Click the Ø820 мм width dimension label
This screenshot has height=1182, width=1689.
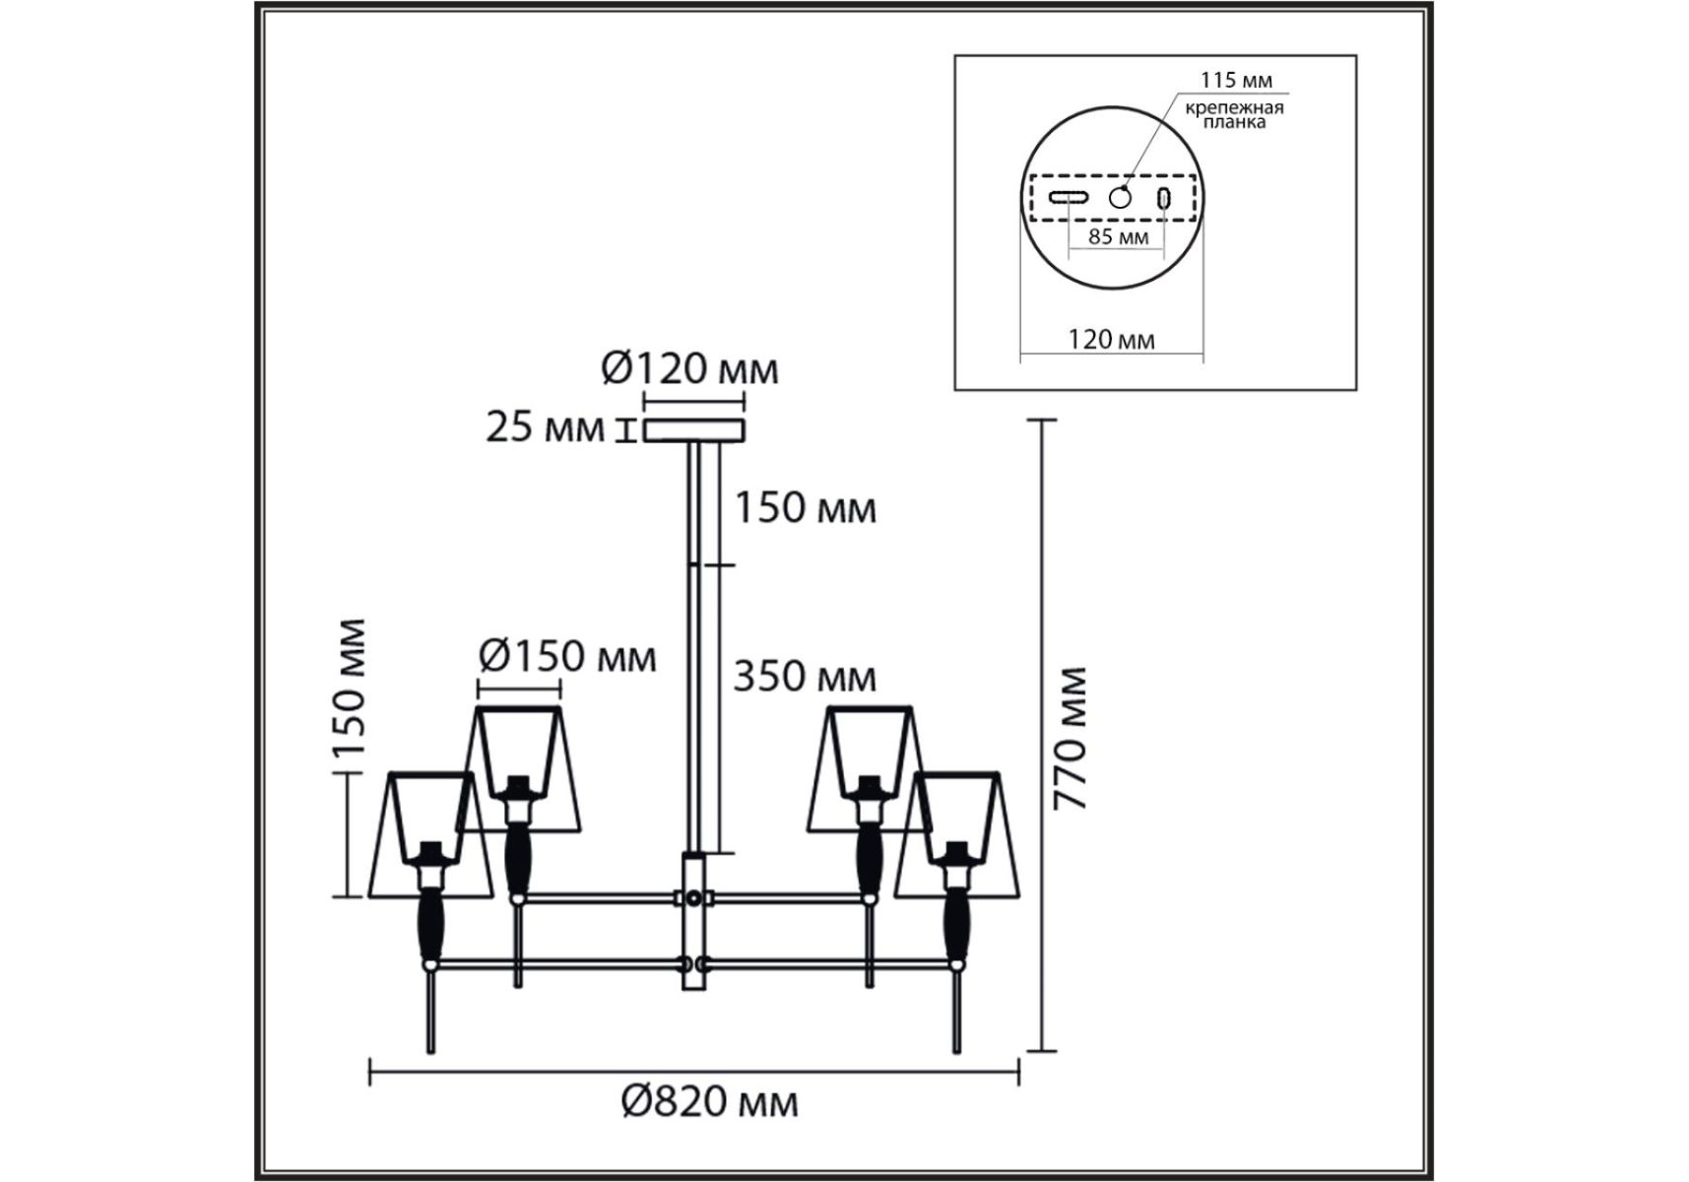[709, 1101]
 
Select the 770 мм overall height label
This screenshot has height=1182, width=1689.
[1070, 739]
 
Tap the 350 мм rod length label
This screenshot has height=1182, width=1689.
[805, 677]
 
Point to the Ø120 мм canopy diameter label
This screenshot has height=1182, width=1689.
[689, 369]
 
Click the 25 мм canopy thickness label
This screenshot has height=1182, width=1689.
[545, 427]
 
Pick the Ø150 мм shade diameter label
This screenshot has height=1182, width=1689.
[567, 656]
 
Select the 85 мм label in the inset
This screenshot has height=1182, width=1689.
[1118, 236]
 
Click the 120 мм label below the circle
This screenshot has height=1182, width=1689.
[1111, 340]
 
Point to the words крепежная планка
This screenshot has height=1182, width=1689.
[1234, 114]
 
